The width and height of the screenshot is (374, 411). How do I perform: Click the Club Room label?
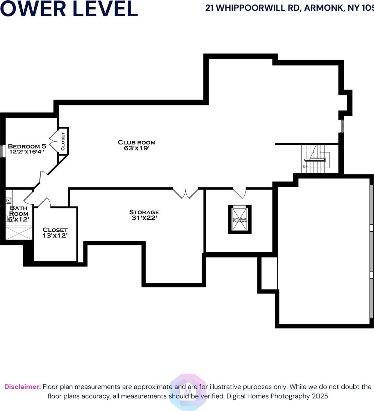[136, 142]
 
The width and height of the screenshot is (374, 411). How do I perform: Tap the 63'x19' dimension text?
[136, 148]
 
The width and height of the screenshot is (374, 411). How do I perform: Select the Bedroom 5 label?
[27, 146]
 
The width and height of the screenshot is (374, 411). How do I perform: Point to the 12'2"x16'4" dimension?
[27, 151]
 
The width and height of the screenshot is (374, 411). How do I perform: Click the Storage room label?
[144, 212]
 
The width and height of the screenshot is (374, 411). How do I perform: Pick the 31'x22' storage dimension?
[144, 218]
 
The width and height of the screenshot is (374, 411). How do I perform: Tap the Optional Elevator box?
[240, 219]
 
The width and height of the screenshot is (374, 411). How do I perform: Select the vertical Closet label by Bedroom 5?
[63, 141]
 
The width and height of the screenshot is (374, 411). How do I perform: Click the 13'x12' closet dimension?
[55, 236]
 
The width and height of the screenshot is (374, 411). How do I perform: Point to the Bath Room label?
[19, 211]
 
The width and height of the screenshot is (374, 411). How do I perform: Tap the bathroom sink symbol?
[9, 201]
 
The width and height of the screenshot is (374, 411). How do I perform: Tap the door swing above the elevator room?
[240, 193]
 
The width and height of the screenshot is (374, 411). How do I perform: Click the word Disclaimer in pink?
[22, 387]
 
